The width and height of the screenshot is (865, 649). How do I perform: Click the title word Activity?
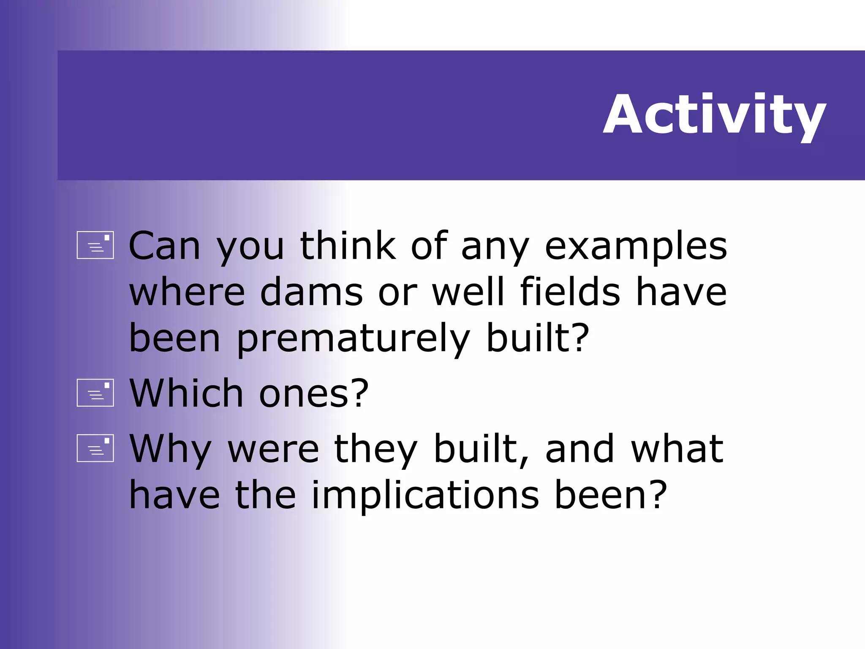714,115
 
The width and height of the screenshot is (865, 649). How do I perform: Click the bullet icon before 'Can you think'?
95,245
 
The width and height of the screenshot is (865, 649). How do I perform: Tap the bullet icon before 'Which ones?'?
95,393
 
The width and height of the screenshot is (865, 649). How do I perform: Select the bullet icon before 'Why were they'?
95,448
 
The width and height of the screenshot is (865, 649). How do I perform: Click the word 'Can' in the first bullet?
164,246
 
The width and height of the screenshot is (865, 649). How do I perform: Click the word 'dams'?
311,292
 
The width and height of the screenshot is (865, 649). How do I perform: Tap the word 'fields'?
570,292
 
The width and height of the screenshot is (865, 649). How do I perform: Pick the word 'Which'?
186,393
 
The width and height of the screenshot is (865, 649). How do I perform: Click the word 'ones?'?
314,394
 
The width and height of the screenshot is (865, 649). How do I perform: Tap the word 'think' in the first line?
348,246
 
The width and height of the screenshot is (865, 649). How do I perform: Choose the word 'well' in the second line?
468,292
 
